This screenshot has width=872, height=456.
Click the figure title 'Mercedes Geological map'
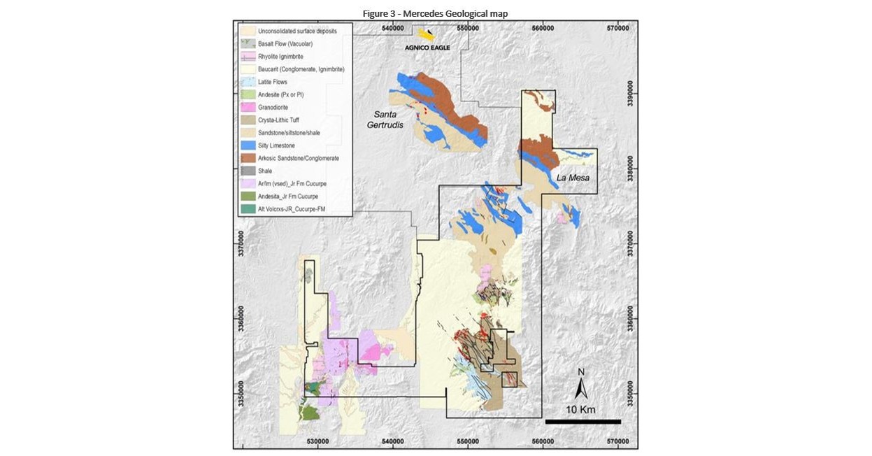point(435,13)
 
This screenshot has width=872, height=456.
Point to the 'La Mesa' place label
point(572,178)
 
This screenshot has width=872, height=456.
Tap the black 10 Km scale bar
point(582,421)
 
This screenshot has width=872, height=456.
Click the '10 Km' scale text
point(580,409)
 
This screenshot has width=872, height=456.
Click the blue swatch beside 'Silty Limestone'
point(248,145)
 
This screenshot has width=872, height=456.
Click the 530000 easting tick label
point(318,441)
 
